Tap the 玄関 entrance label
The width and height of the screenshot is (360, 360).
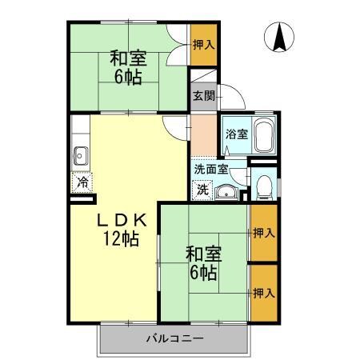click(x=202, y=95)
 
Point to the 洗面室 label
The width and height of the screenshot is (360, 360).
click(x=211, y=169)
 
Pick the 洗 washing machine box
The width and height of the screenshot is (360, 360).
click(x=203, y=190)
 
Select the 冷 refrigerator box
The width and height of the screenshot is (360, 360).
click(x=82, y=182)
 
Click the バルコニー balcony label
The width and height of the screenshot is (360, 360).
click(x=174, y=338)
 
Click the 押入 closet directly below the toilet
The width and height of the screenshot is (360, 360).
click(x=264, y=233)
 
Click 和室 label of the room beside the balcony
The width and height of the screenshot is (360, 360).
click(x=203, y=254)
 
